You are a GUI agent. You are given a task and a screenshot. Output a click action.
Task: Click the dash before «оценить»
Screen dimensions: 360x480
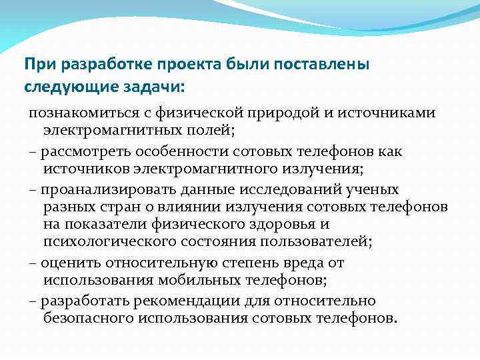(33, 263)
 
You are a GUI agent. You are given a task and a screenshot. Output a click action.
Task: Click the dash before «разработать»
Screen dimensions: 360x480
(33, 301)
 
